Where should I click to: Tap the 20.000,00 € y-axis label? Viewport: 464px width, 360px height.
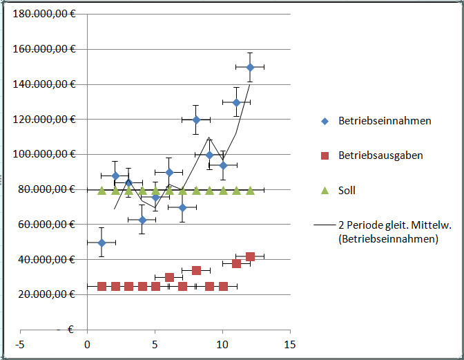[x=46, y=294]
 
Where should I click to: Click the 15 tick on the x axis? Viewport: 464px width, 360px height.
[x=290, y=344]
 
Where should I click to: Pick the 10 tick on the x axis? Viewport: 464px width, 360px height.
[x=222, y=344]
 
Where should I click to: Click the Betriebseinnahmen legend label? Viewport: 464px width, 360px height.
[x=385, y=121]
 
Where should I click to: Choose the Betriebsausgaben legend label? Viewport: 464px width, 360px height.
[x=380, y=155]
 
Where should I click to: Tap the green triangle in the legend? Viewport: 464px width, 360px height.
[x=324, y=190]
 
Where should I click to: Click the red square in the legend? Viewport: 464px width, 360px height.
[x=324, y=155]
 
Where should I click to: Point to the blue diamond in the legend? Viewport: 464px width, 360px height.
[x=324, y=121]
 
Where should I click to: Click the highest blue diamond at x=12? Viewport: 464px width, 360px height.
[x=250, y=67]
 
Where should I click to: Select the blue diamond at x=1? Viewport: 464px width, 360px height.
[x=101, y=243]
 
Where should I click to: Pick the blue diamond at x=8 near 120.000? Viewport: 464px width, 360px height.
[x=196, y=120]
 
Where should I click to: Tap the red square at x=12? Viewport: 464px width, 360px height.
[x=250, y=256]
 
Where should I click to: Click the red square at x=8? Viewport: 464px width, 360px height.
[x=196, y=270]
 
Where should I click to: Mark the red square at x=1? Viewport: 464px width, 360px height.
[x=101, y=286]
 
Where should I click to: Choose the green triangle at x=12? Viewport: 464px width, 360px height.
[x=250, y=191]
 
